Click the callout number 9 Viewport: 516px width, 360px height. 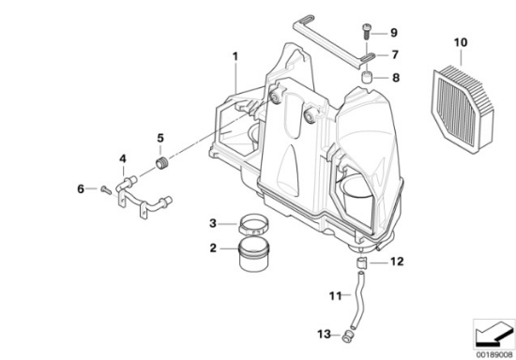pos(394,33)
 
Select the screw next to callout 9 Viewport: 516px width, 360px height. pos(366,32)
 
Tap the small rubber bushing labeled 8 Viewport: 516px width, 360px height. pos(367,78)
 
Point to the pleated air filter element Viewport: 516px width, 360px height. pos(463,109)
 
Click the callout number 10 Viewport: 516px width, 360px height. pos(461,43)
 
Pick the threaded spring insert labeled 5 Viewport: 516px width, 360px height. pos(162,163)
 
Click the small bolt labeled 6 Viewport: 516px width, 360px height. pos(106,189)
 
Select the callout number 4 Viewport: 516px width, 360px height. pos(122,159)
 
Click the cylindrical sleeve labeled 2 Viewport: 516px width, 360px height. pos(253,255)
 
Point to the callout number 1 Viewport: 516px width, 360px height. pos(235,56)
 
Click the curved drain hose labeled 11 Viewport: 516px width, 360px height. pos(358,299)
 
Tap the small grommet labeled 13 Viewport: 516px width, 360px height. pos(347,336)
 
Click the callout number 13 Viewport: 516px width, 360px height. pos(324,335)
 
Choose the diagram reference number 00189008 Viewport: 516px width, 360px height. pos(494,354)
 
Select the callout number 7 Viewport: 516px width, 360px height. pos(395,54)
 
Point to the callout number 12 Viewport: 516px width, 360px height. pos(397,262)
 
